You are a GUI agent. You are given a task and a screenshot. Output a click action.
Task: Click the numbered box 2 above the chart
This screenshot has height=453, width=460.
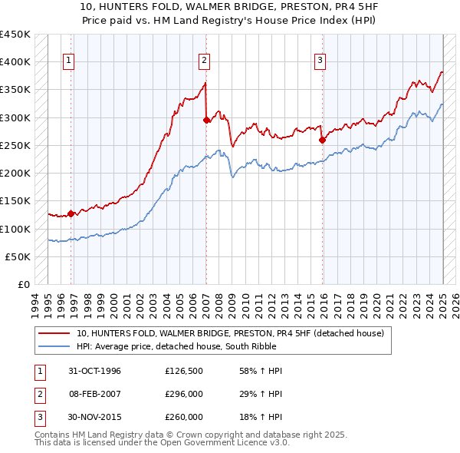[205, 61]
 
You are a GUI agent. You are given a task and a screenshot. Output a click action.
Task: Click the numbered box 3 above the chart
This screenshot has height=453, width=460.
[320, 61]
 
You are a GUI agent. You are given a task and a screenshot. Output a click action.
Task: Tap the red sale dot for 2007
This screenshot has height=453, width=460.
[206, 120]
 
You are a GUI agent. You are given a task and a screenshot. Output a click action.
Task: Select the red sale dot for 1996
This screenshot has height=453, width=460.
[71, 214]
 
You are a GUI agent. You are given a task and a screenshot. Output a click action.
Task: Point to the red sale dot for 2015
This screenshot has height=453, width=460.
[322, 140]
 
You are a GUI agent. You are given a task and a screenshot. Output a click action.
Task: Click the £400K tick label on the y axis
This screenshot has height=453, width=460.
[15, 62]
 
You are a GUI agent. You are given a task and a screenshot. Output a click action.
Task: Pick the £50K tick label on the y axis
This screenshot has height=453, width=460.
[18, 256]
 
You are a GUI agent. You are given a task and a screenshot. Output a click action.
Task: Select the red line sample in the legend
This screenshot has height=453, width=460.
[54, 333]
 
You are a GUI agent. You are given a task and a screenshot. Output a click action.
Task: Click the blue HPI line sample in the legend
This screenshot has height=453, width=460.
[54, 346]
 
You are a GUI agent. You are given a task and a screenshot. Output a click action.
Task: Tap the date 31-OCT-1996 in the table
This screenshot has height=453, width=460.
[94, 371]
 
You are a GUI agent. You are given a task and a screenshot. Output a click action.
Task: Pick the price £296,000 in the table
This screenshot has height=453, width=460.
[183, 394]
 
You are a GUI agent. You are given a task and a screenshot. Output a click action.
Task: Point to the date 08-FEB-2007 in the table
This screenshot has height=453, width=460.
[94, 394]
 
